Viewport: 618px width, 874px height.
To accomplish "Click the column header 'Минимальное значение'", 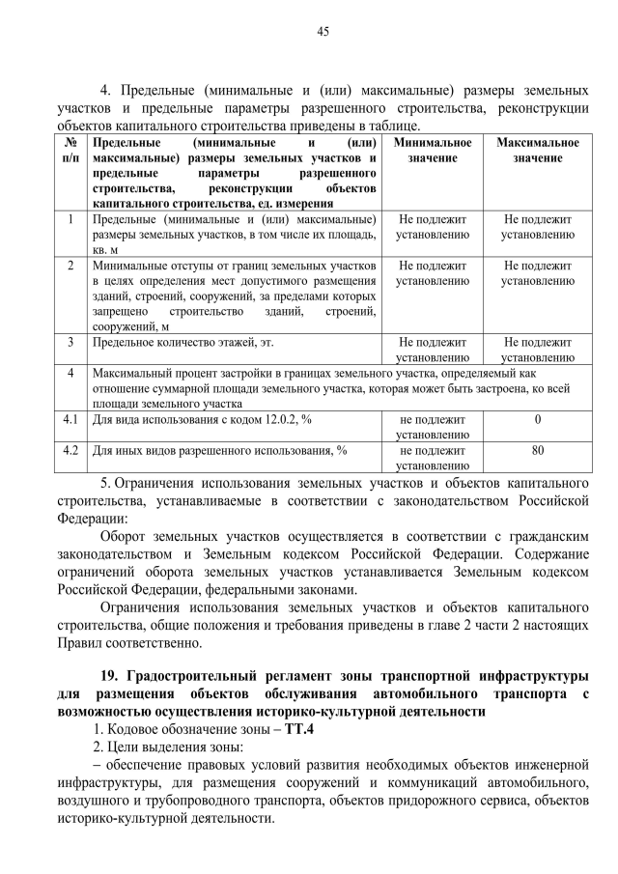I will pyautogui.click(x=433, y=150).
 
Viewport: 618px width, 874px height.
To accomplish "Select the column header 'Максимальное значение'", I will pyautogui.click(x=538, y=150).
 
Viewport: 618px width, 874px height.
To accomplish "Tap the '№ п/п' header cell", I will pyautogui.click(x=70, y=150).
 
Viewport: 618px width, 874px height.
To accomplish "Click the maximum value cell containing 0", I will pyautogui.click(x=538, y=420).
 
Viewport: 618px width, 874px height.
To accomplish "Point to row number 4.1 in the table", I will pyautogui.click(x=70, y=420).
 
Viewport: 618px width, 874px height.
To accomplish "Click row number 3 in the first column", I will pyautogui.click(x=70, y=342).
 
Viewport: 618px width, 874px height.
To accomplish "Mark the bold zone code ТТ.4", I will pyautogui.click(x=273, y=729).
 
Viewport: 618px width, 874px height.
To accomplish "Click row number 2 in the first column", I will pyautogui.click(x=70, y=265).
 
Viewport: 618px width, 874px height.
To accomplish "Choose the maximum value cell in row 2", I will pyautogui.click(x=538, y=272).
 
